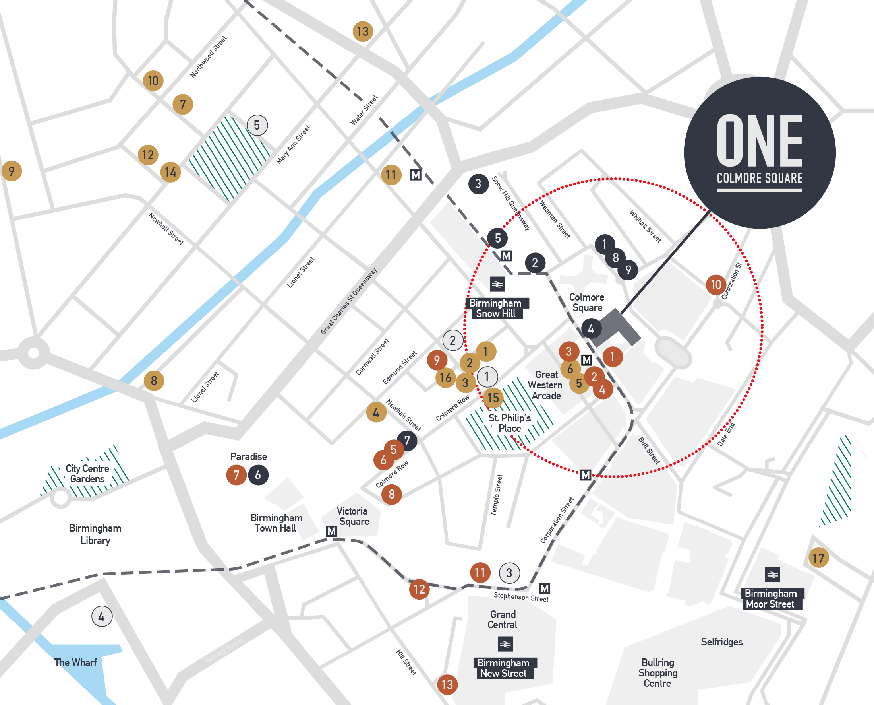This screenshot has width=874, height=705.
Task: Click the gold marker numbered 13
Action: (x=362, y=31)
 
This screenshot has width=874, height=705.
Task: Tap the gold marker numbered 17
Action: (x=818, y=558)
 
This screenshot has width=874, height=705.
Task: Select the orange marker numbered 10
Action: (x=716, y=285)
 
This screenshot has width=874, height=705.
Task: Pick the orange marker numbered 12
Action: (x=419, y=589)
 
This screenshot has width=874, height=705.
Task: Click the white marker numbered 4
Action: (x=101, y=616)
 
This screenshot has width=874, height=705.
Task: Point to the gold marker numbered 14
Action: (x=170, y=172)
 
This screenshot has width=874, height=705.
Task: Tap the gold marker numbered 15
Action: (x=493, y=398)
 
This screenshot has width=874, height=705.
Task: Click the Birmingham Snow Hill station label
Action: (x=495, y=308)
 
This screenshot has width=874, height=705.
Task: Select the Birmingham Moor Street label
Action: (x=770, y=598)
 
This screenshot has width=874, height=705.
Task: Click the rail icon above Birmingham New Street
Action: (x=505, y=644)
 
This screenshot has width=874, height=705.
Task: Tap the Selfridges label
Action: (x=721, y=642)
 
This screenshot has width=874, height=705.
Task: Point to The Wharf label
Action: (x=76, y=662)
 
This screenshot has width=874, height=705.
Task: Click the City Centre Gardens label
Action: (x=87, y=474)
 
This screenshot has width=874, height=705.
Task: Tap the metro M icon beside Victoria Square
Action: (x=331, y=531)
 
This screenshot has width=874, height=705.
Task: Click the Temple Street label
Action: (x=497, y=495)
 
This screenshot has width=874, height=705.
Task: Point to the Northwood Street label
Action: (x=208, y=57)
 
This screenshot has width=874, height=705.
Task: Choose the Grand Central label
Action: (x=502, y=620)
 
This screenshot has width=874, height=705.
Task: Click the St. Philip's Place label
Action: (x=510, y=423)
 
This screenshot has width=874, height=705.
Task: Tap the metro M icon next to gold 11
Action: (x=416, y=175)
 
